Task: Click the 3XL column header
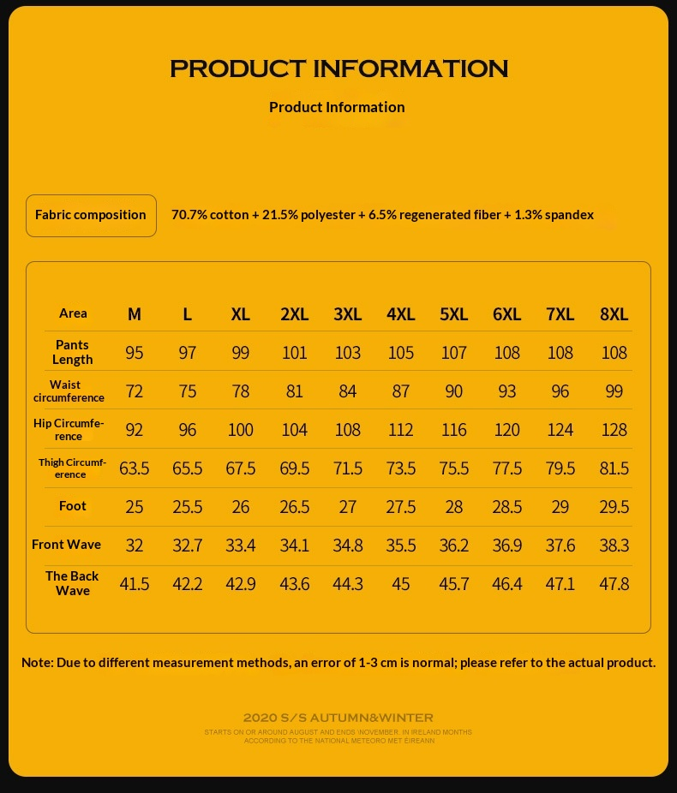pyautogui.click(x=347, y=313)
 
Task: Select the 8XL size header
pyautogui.click(x=614, y=313)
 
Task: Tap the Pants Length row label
pyautogui.click(x=73, y=352)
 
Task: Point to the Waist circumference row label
pyautogui.click(x=69, y=391)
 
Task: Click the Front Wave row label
pyautogui.click(x=66, y=545)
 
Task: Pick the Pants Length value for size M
pyautogui.click(x=135, y=353)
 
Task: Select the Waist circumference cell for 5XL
pyautogui.click(x=454, y=391)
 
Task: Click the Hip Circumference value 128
pyautogui.click(x=614, y=430)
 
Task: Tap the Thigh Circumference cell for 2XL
pyautogui.click(x=294, y=468)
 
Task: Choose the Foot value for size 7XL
pyautogui.click(x=560, y=507)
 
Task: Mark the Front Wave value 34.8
pyautogui.click(x=347, y=546)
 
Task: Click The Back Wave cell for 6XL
pyautogui.click(x=507, y=584)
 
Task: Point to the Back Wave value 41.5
pyautogui.click(x=135, y=584)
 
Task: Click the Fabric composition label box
pyautogui.click(x=91, y=215)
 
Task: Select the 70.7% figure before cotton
pyautogui.click(x=189, y=215)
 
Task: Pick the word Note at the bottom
pyautogui.click(x=36, y=663)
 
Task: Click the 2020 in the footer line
pyautogui.click(x=258, y=718)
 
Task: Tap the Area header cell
pyautogui.click(x=73, y=313)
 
